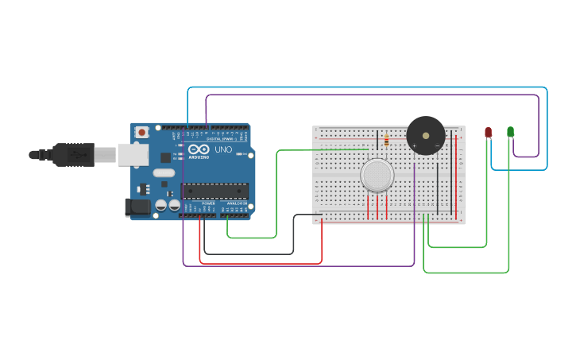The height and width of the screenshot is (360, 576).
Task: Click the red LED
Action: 488,132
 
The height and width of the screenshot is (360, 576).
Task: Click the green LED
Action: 510,132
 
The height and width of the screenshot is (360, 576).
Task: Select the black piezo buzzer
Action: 425,135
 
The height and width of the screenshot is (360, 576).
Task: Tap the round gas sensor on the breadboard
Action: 377,175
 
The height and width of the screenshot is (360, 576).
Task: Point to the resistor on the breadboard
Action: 386,141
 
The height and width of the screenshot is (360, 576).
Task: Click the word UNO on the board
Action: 223,149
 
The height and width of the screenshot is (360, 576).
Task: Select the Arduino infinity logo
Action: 199,149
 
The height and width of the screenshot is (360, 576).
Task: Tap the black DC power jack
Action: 137,207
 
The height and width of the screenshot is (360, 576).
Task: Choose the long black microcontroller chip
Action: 215,191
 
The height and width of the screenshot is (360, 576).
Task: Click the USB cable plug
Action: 75,154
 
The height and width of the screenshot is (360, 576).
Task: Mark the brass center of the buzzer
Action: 425,135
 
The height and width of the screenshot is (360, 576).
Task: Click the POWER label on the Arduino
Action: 208,203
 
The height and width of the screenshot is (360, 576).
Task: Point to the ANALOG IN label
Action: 236,203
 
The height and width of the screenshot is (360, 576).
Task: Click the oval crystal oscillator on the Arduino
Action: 164,173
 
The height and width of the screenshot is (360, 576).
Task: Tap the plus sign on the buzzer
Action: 414,146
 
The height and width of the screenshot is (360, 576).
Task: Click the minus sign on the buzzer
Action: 437,146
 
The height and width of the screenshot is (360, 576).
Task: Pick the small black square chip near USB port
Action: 144,189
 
